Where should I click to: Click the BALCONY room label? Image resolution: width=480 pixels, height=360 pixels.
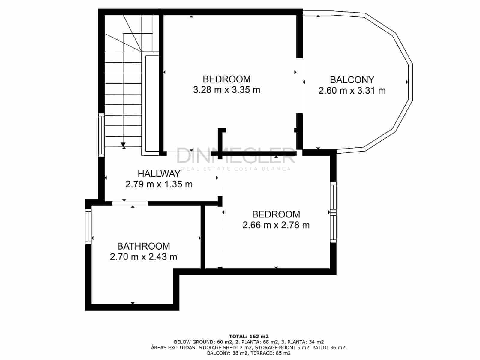(352, 80)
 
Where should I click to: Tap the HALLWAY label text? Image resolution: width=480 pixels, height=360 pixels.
(159, 174)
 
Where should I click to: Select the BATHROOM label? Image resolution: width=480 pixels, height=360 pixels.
(143, 246)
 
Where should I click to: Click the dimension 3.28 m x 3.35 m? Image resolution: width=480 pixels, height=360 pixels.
(226, 90)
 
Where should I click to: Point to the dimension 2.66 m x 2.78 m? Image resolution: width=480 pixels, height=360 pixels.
(276, 225)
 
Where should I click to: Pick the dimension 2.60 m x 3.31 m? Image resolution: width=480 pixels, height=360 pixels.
(352, 91)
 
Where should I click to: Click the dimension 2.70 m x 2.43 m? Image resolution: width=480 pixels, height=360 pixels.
(143, 257)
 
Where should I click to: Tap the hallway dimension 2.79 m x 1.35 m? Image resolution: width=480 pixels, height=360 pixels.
(159, 184)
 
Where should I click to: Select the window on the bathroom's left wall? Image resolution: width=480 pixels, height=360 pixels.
(88, 226)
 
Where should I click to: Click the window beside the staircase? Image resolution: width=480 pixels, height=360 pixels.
(102, 135)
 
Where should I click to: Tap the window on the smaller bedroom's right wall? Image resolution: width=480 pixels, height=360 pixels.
(333, 212)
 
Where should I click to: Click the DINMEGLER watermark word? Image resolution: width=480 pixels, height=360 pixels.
(236, 156)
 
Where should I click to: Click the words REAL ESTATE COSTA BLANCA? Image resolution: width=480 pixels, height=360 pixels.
(236, 169)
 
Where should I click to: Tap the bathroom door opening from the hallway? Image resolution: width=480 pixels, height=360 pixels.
(130, 203)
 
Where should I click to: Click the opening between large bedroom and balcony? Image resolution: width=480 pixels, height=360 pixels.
(299, 85)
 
